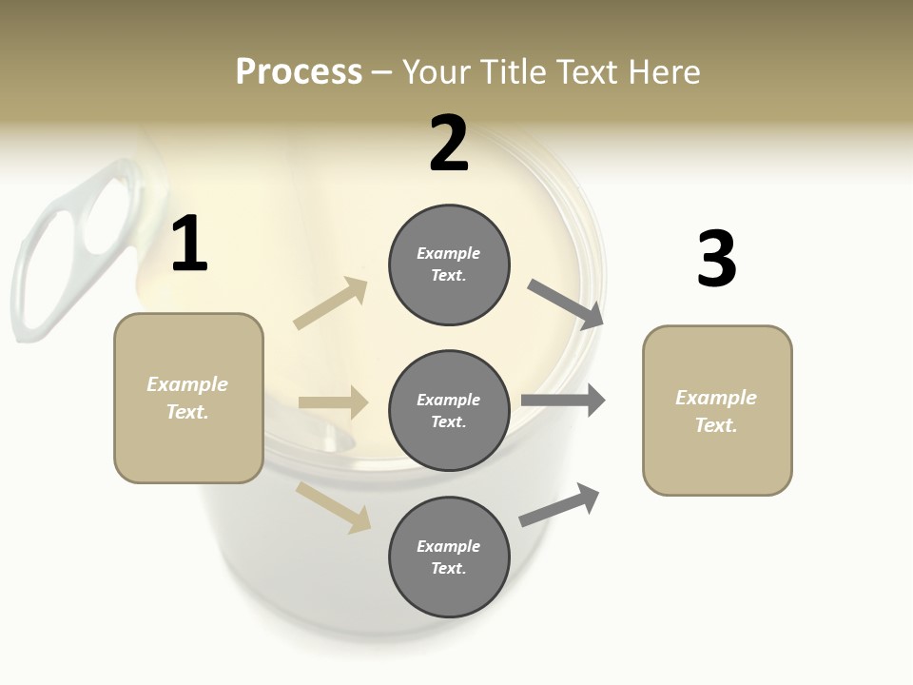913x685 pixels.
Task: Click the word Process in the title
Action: click(x=299, y=71)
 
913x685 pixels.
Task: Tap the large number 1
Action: click(x=189, y=245)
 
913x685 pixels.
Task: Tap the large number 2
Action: click(x=449, y=144)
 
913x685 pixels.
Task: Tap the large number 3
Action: click(x=716, y=260)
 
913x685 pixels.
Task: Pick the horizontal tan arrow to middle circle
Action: click(x=333, y=402)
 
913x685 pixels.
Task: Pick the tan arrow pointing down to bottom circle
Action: click(x=334, y=506)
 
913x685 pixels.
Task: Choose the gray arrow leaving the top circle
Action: click(x=566, y=304)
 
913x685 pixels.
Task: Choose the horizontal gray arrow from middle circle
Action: click(x=563, y=401)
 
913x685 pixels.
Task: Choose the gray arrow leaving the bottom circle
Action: click(x=559, y=505)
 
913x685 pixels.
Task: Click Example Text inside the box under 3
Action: click(x=716, y=411)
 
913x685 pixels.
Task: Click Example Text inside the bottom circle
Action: click(x=448, y=558)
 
